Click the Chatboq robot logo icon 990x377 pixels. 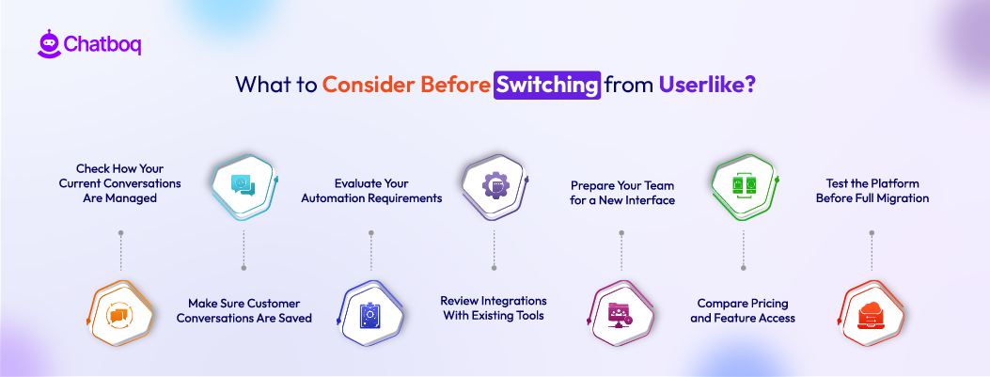pyautogui.click(x=49, y=43)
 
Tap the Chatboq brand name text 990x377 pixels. pyautogui.click(x=102, y=44)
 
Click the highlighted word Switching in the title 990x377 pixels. pyautogui.click(x=547, y=85)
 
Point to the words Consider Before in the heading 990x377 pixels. pyautogui.click(x=405, y=85)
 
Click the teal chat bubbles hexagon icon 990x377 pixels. pyautogui.click(x=244, y=184)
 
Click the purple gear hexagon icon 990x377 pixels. pyautogui.click(x=495, y=184)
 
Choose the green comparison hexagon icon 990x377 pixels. pyautogui.click(x=744, y=184)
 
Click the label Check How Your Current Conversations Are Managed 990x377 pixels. pyautogui.click(x=119, y=183)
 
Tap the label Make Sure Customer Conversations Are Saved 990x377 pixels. pyautogui.click(x=244, y=310)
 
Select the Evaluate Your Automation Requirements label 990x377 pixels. pyautogui.click(x=370, y=191)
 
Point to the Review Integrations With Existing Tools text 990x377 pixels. pyautogui.click(x=494, y=307)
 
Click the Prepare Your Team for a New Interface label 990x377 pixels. pyautogui.click(x=621, y=193)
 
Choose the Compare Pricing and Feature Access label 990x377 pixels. pyautogui.click(x=743, y=310)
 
